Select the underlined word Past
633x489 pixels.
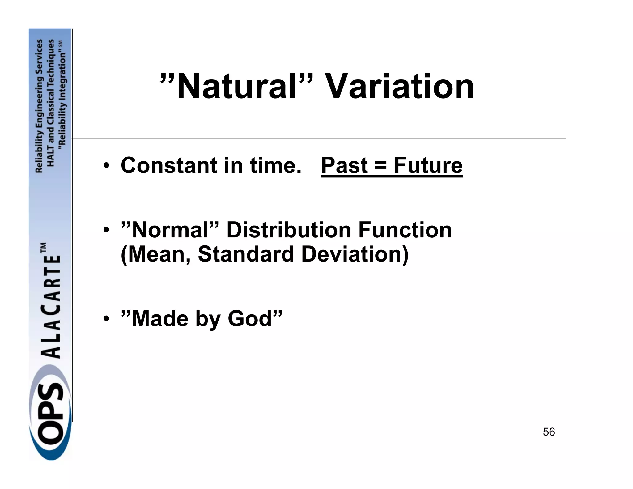point(345,165)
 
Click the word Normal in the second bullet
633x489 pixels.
point(170,230)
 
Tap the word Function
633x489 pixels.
point(405,230)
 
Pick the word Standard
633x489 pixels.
point(246,254)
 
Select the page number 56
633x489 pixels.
point(549,432)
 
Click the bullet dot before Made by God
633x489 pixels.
point(106,319)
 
